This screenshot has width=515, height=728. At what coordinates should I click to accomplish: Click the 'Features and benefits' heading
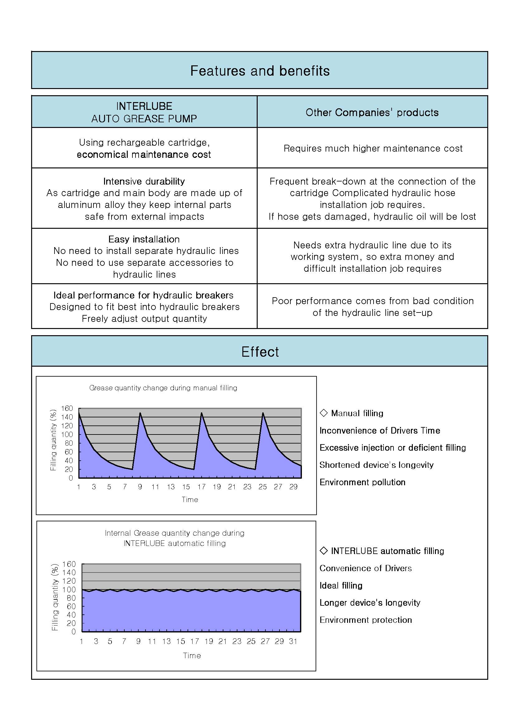(x=260, y=71)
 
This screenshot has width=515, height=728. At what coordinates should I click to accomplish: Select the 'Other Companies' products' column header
(x=372, y=112)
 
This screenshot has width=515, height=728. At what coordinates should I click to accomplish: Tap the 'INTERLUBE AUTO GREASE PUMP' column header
(x=144, y=112)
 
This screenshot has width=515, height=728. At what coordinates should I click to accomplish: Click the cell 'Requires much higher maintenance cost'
(x=373, y=148)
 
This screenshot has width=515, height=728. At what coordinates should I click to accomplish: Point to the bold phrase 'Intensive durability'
(x=144, y=181)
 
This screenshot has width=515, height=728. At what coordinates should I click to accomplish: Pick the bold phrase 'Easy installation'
(x=144, y=239)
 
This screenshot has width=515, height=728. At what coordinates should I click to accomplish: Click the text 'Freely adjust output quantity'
(x=144, y=318)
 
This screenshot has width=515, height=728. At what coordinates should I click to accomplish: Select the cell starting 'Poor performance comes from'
(x=373, y=307)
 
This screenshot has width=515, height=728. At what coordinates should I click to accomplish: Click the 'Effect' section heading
(x=260, y=352)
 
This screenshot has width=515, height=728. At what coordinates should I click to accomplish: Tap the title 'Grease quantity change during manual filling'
(x=163, y=388)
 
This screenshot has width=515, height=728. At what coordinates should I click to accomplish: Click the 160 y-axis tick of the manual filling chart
(x=67, y=408)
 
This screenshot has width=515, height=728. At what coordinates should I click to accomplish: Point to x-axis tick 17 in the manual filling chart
(x=202, y=487)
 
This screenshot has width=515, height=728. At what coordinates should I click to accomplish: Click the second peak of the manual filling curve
(x=140, y=413)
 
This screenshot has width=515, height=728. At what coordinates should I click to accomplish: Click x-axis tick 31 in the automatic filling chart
(x=293, y=641)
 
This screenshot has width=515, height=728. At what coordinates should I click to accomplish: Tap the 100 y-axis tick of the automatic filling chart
(x=69, y=589)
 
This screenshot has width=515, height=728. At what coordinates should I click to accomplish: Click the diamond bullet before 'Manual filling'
(x=324, y=412)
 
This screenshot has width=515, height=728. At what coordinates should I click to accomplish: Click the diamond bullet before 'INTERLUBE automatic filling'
(x=324, y=551)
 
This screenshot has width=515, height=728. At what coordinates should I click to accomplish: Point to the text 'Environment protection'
(x=365, y=620)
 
